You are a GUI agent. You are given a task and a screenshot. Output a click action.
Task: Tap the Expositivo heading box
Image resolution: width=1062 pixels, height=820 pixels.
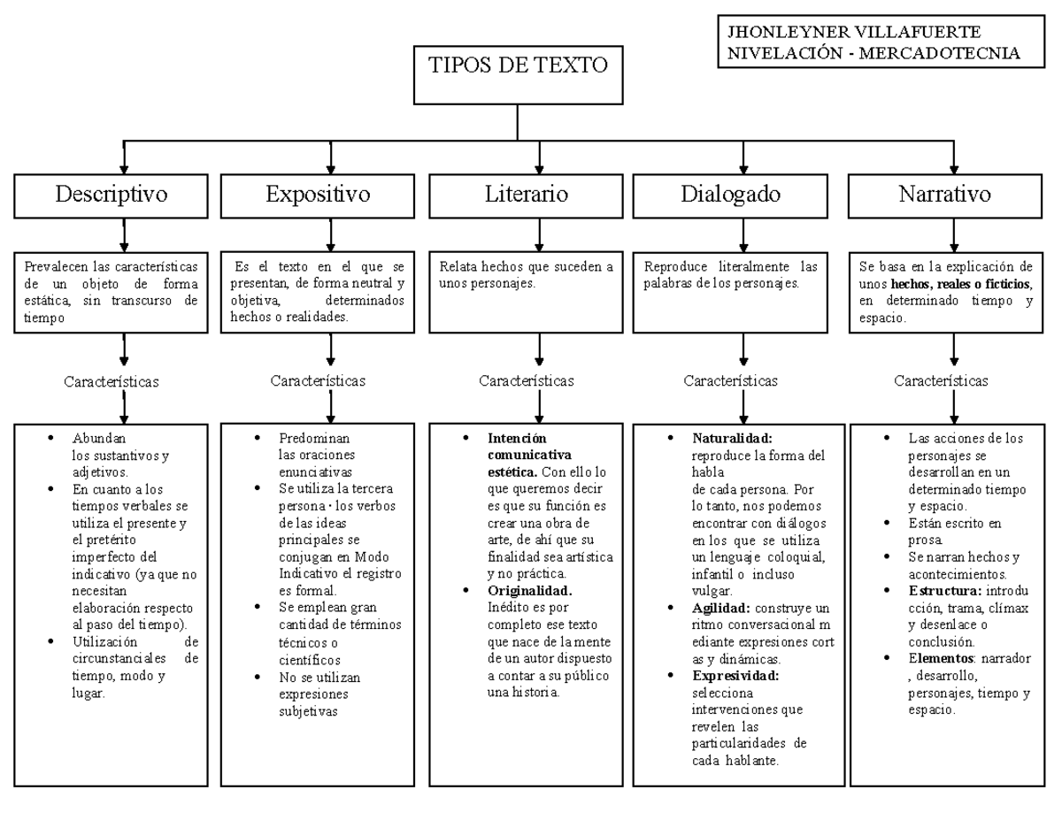point(318,194)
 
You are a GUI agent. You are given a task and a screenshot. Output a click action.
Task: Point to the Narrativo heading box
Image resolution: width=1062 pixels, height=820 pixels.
point(944,194)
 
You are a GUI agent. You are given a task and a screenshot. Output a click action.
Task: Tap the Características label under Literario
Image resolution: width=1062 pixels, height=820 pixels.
point(526,381)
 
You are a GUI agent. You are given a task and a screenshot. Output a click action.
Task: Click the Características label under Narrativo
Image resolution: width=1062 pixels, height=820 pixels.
point(941,381)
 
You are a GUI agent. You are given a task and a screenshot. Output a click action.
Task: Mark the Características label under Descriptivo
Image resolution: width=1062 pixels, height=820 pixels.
point(112,382)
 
